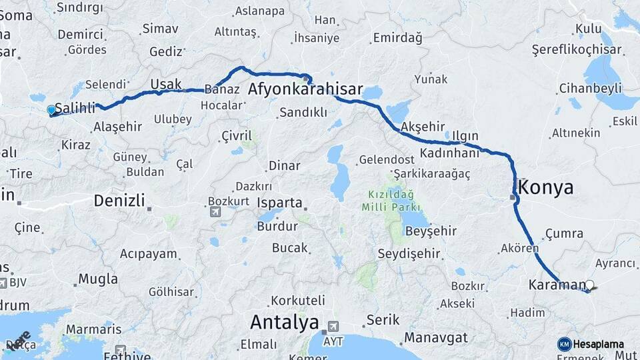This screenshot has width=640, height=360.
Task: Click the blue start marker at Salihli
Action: tap(51, 110)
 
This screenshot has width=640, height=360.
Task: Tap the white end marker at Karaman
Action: tap(589, 285)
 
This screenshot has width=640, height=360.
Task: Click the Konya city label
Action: tap(545, 187)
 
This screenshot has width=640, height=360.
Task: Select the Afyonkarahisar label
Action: tap(305, 89)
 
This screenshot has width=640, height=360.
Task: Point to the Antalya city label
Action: tap(284, 323)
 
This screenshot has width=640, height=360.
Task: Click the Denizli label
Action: tap(119, 200)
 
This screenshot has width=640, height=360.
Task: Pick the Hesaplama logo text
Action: tap(598, 344)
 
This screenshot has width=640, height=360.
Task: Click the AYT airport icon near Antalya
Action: tap(332, 327)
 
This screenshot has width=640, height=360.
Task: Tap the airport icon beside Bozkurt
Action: tap(215, 212)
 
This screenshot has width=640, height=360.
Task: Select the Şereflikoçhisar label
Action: tap(577, 50)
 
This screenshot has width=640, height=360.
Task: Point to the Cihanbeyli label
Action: tap(591, 89)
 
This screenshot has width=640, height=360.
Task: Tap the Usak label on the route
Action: tap(165, 84)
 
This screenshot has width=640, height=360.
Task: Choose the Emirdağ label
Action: tap(397, 39)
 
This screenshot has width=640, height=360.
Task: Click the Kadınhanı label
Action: tap(450, 153)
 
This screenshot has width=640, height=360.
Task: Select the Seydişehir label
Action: tap(409, 253)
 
